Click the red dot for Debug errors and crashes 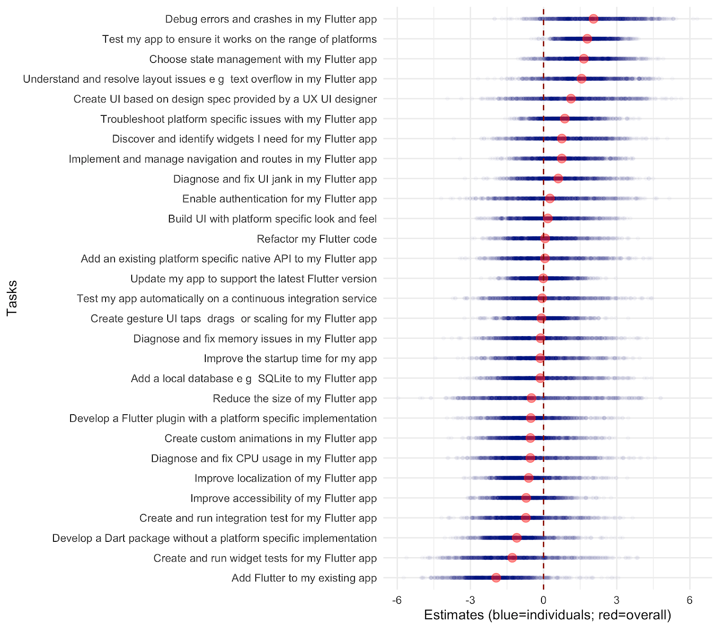click(x=593, y=19)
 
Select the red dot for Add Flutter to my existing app click(x=496, y=578)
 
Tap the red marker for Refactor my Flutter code click(x=545, y=239)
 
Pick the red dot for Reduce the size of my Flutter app click(x=531, y=398)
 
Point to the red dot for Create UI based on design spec click(x=571, y=99)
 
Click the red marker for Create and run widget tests click(x=512, y=558)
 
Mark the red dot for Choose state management click(x=583, y=59)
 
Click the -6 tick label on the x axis click(x=397, y=600)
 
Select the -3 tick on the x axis click(x=470, y=600)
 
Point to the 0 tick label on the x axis click(x=543, y=600)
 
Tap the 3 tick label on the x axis click(x=617, y=600)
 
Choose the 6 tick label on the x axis click(x=690, y=600)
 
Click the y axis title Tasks click(x=12, y=298)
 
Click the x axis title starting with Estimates click(x=547, y=615)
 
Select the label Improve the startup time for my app click(x=290, y=359)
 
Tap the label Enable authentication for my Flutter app click(x=280, y=199)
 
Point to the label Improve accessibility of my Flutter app click(x=284, y=498)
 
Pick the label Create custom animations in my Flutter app click(x=271, y=439)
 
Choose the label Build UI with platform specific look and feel click(x=272, y=219)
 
